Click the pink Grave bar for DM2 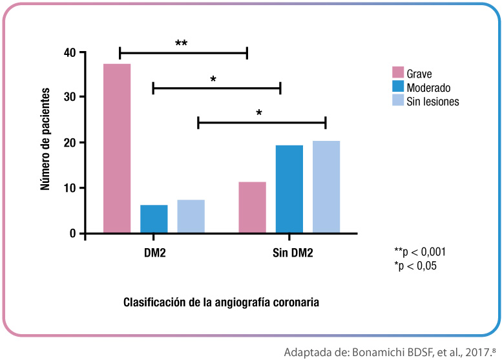click(117, 149)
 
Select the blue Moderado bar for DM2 click(154, 219)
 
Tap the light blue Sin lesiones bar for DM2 click(191, 217)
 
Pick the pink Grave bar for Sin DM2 click(252, 207)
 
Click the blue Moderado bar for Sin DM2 click(289, 189)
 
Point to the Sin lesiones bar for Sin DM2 click(326, 187)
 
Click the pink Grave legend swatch click(398, 73)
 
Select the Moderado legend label click(428, 88)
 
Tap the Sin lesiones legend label click(432, 101)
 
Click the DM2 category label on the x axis click(154, 252)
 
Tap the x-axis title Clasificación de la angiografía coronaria click(221, 301)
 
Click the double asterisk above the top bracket click(182, 44)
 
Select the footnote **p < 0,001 click(420, 252)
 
